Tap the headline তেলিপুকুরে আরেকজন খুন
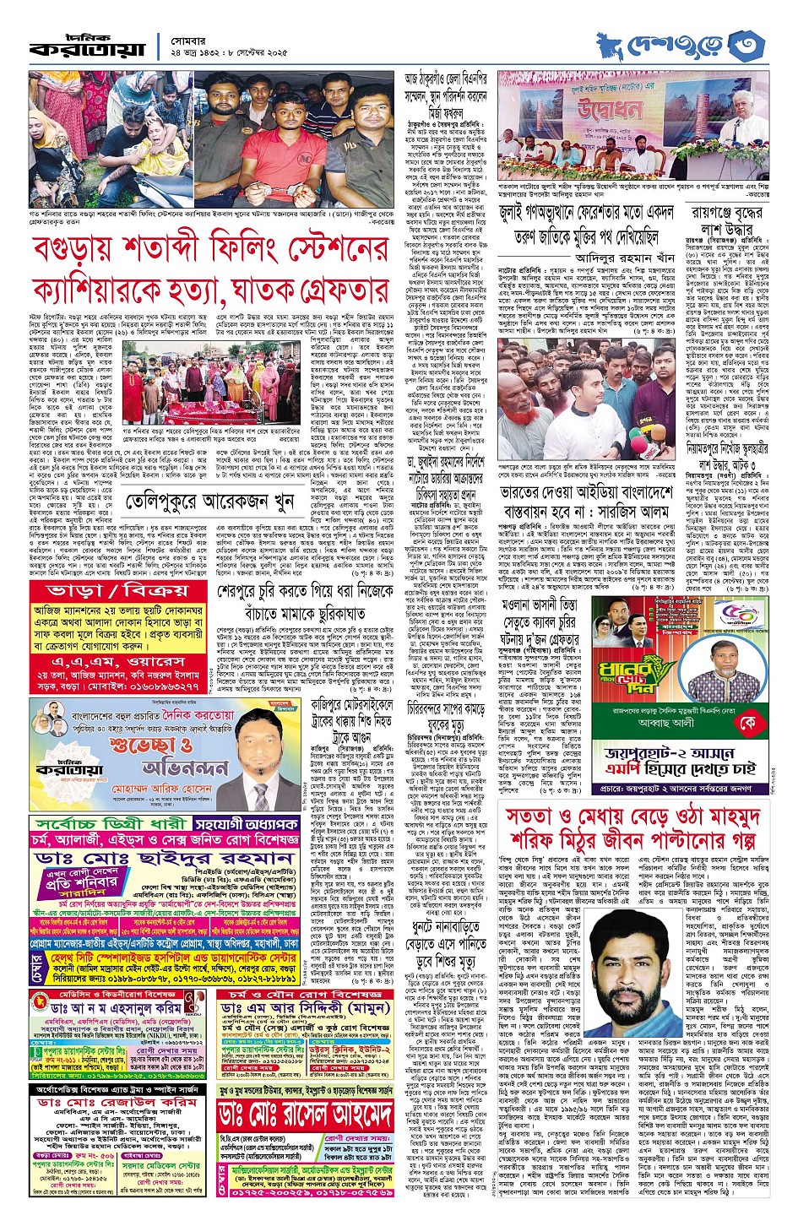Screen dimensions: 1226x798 (204, 504)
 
